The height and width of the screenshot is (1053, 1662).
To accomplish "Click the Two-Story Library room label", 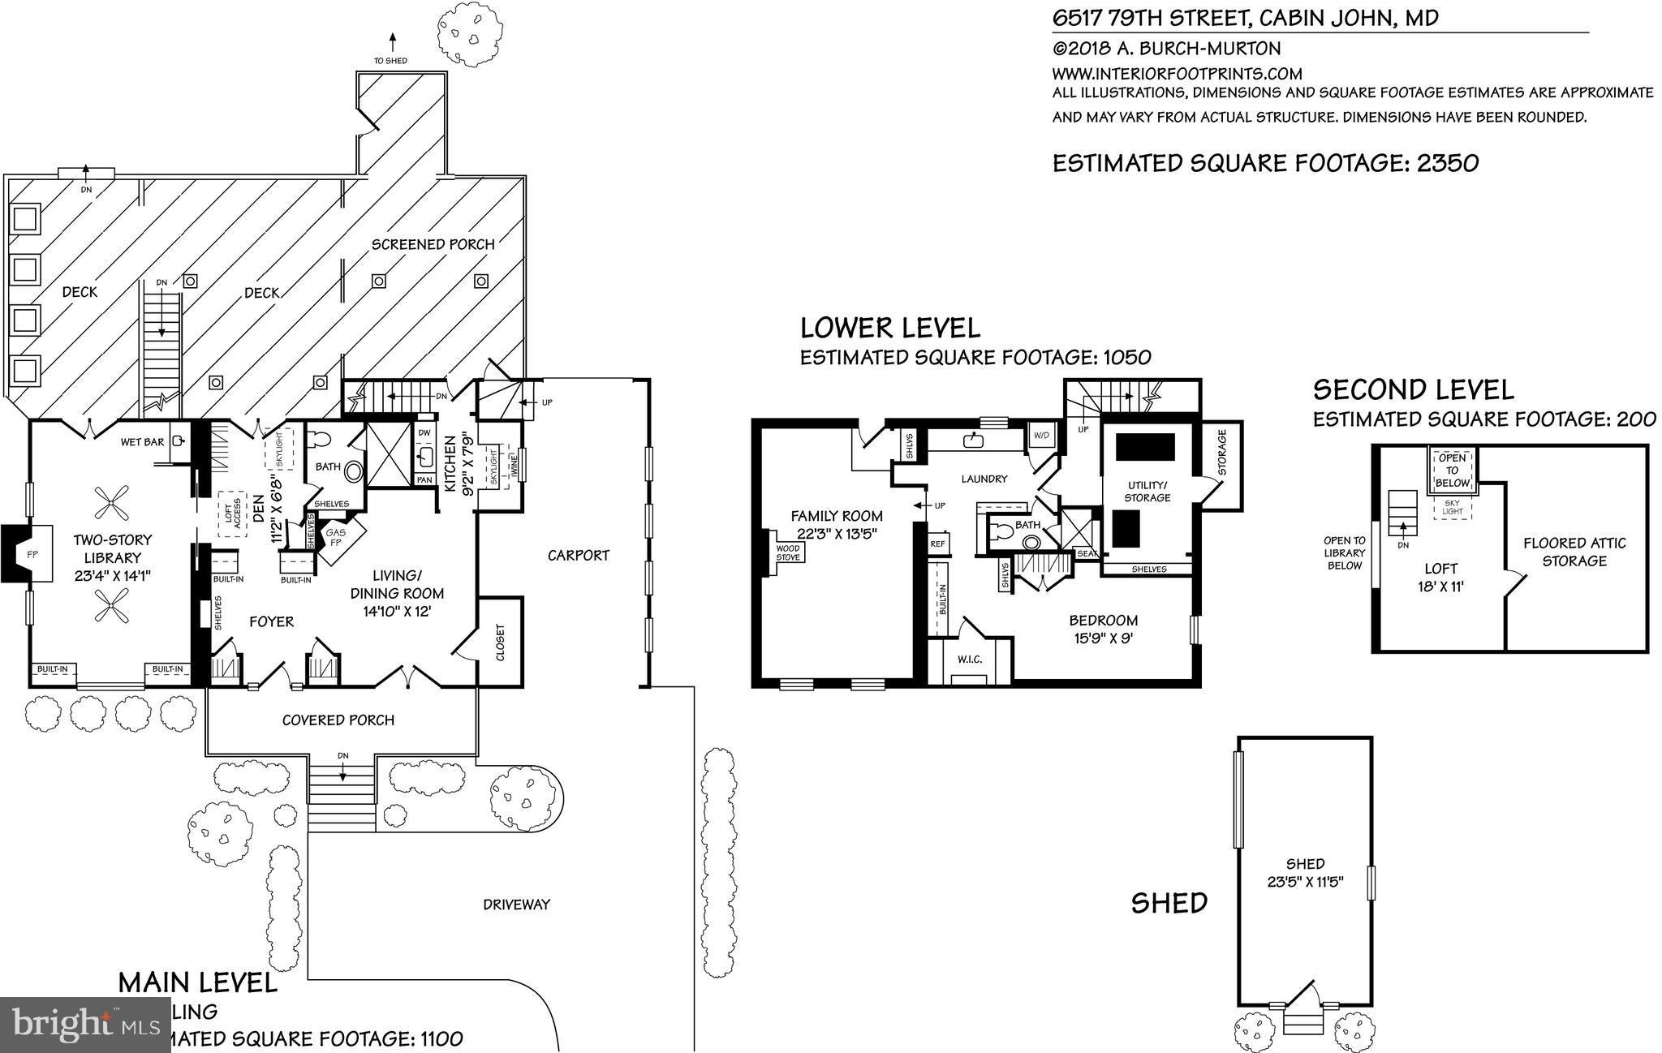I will [x=113, y=548].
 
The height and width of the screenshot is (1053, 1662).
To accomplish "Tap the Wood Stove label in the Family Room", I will [x=788, y=552].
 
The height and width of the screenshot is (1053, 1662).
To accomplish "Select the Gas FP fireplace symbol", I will [x=336, y=538].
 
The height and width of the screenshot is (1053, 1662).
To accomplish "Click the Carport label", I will [x=578, y=555].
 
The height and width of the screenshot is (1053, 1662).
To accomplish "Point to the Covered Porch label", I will [x=338, y=720].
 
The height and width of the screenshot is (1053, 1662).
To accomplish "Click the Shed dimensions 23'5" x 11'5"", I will [x=1305, y=882].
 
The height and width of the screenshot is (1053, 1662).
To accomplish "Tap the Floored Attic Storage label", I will [x=1574, y=552].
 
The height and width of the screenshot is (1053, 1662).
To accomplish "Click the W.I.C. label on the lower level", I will [x=970, y=659].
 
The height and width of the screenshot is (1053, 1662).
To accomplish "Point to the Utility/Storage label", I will [x=1147, y=491].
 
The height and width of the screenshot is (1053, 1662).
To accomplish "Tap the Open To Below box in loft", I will [x=1452, y=471].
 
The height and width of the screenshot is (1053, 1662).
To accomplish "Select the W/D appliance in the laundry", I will [x=1040, y=436].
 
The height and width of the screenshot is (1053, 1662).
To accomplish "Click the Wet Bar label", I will [x=143, y=442].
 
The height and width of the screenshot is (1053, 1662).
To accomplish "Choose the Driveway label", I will [x=516, y=904].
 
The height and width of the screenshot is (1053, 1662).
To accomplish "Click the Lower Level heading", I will [x=889, y=328].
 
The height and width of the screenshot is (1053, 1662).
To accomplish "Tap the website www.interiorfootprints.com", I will [x=1178, y=73].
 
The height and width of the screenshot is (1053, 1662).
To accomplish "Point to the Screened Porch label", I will [x=433, y=244].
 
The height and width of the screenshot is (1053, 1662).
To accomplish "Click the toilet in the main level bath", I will [x=323, y=440].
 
